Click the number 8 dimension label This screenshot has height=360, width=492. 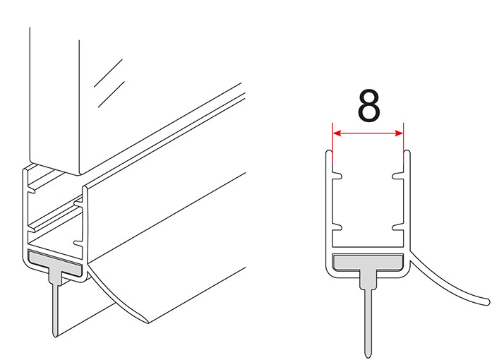(x=368, y=105)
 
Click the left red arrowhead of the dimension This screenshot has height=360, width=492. (x=337, y=133)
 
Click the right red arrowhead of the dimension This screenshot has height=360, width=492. (x=400, y=133)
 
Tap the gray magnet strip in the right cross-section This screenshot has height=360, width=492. (x=368, y=263)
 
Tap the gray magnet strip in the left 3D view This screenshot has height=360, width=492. (x=55, y=263)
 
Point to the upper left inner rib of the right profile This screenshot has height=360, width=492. (x=337, y=176)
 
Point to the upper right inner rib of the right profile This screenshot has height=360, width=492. (x=398, y=176)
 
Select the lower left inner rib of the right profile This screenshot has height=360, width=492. (x=337, y=227)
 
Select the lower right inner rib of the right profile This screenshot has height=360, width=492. (x=398, y=227)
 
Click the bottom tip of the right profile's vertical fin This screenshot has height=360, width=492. (x=368, y=356)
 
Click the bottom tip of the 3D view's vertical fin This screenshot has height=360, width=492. (x=55, y=335)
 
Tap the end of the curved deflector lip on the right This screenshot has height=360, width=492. (x=488, y=302)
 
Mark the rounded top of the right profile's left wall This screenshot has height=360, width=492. (x=328, y=152)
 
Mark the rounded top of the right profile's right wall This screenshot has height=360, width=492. (x=407, y=152)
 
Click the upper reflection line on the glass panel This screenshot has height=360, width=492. (x=108, y=73)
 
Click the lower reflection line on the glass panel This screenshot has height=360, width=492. (x=112, y=94)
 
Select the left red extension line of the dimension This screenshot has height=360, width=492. (x=332, y=144)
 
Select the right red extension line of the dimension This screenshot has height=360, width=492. (x=404, y=144)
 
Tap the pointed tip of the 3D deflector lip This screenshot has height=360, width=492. (x=148, y=322)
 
